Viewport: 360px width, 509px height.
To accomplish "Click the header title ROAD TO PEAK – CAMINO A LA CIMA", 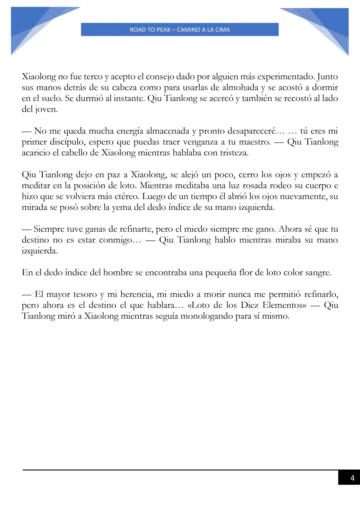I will [x=180, y=30].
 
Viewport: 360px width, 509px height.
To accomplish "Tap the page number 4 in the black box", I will [x=352, y=478].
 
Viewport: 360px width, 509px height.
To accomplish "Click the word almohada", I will [x=240, y=87].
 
